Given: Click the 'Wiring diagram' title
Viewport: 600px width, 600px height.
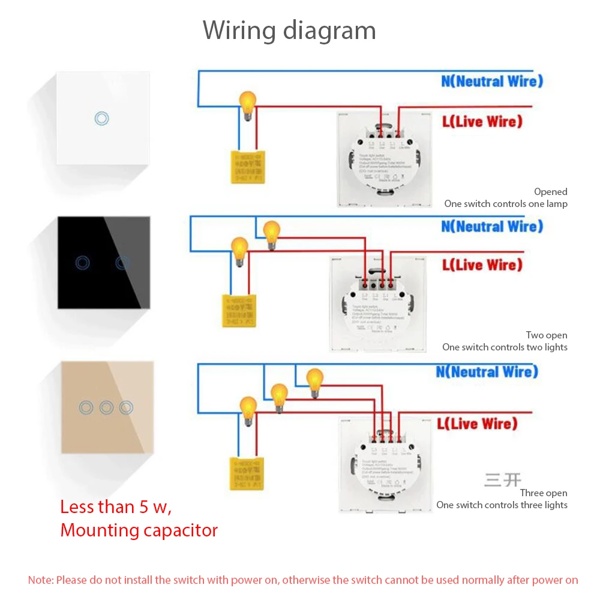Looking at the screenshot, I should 289,30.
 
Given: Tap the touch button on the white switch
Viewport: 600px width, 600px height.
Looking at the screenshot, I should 102,118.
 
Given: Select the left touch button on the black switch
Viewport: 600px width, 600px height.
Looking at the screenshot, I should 83,262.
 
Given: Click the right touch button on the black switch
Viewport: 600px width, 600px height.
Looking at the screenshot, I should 122,262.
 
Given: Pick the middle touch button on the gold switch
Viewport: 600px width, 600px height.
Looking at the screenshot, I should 106,408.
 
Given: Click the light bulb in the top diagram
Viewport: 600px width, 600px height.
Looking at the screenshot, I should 247,103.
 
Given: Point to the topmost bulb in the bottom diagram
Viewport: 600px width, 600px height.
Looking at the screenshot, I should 314,380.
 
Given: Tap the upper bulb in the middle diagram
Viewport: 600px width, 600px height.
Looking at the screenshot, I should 272,232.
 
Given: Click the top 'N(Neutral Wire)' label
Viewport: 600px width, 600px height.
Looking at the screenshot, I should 492,81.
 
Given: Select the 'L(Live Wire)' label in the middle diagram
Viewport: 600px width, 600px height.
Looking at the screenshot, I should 482,265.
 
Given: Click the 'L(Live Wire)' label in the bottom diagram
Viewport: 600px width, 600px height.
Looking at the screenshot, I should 477,424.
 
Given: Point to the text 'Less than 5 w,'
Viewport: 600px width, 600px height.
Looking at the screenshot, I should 116,507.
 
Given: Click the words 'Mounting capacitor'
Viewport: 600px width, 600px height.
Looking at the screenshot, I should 139,530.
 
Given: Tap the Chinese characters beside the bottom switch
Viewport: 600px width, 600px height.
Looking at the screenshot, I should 503,480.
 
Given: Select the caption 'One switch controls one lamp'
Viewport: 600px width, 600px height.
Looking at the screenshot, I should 506,204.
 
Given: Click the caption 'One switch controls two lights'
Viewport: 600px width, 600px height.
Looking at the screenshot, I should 505,347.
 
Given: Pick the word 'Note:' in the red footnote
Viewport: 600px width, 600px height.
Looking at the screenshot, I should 41,580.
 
